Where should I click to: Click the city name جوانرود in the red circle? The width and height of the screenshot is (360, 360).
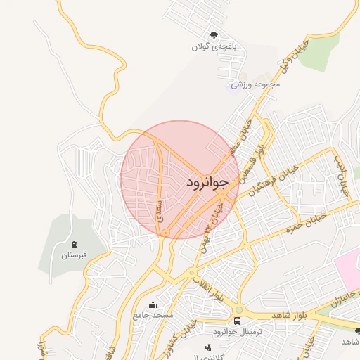coord(208,183)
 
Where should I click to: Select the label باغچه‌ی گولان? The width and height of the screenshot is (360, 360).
coord(212,48)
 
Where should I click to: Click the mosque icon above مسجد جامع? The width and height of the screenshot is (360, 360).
coord(153,304)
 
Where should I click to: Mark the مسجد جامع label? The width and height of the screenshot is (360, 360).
coord(153,315)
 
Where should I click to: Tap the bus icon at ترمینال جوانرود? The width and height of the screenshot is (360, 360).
coord(238,320)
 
